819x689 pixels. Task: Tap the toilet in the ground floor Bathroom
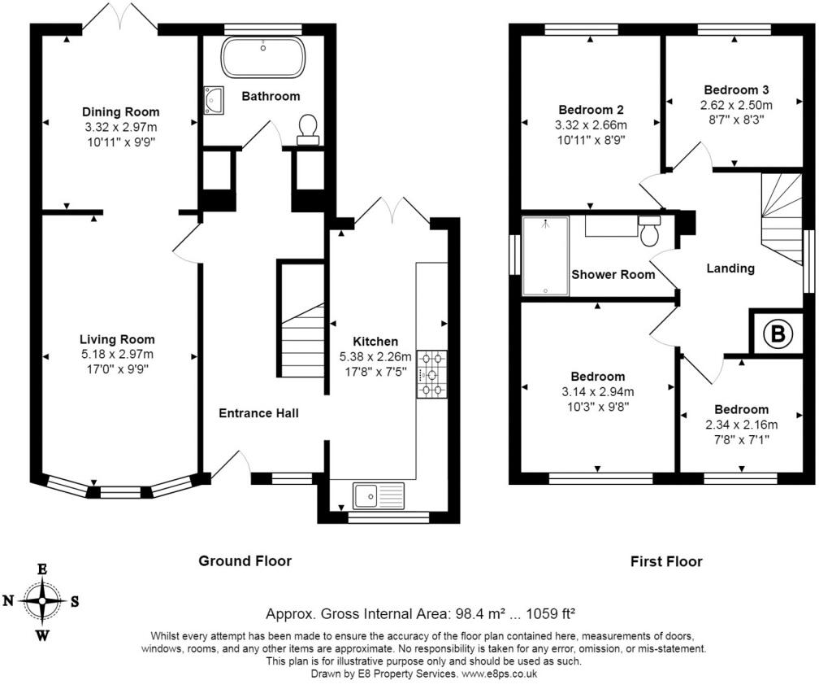click(308, 129)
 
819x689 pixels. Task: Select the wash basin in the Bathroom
click(214, 100)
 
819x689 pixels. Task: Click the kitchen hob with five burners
click(432, 374)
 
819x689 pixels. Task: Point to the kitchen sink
click(379, 495)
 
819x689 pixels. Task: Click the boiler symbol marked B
click(778, 333)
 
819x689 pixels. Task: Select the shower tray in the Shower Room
click(545, 256)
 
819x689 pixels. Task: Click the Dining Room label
click(120, 112)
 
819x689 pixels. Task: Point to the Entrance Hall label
click(258, 413)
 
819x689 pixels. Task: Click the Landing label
click(730, 268)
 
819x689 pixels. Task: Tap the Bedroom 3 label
click(736, 90)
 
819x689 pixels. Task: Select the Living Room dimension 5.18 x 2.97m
click(118, 355)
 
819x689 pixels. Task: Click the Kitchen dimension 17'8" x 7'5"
click(375, 373)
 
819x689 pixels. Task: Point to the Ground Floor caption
click(245, 561)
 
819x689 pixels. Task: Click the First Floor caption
click(666, 561)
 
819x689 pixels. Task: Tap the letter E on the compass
click(41, 569)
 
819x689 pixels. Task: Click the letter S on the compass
click(75, 602)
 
